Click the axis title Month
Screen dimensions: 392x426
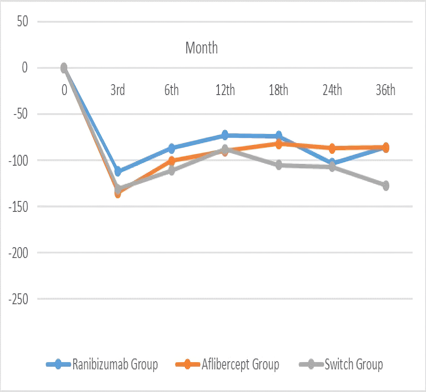click(201, 48)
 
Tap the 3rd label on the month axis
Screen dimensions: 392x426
click(118, 91)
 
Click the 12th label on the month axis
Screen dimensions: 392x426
click(225, 91)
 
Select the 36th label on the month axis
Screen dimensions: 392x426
click(386, 91)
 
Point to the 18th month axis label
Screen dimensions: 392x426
click(278, 91)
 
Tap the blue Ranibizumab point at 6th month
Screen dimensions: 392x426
click(171, 148)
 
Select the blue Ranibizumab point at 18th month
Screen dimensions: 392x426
click(279, 136)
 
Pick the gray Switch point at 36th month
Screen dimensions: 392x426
click(386, 185)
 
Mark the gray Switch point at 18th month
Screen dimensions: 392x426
click(279, 165)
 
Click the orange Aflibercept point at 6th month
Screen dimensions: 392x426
click(171, 161)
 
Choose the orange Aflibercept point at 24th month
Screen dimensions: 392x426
click(332, 148)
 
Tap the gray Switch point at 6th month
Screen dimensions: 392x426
click(171, 170)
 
